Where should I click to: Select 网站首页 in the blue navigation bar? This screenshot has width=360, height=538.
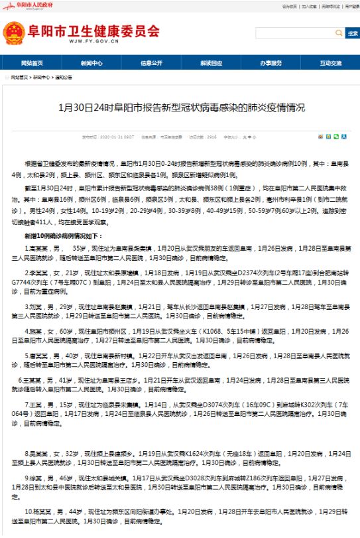pyautogui.click(x=31, y=63)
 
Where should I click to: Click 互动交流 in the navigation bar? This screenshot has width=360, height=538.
pyautogui.click(x=330, y=63)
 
